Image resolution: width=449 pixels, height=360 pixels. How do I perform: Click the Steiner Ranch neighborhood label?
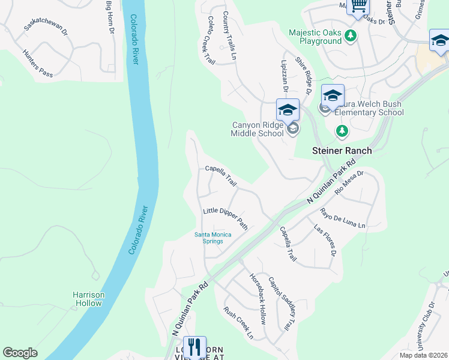341,151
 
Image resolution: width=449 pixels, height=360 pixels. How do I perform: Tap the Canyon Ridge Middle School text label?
257,129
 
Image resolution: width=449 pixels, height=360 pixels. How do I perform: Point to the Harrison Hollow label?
89,299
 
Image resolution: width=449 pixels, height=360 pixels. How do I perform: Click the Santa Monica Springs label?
208,238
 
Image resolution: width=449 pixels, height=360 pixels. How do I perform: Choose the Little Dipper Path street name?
225,218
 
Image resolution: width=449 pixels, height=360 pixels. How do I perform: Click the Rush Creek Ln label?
238,323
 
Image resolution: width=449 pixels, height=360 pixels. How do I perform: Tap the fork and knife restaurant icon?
194,347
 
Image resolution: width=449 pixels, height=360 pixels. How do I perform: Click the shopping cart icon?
358,6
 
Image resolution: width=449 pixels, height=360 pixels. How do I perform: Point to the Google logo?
20,353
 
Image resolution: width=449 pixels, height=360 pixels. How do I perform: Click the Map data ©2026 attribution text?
423,355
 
